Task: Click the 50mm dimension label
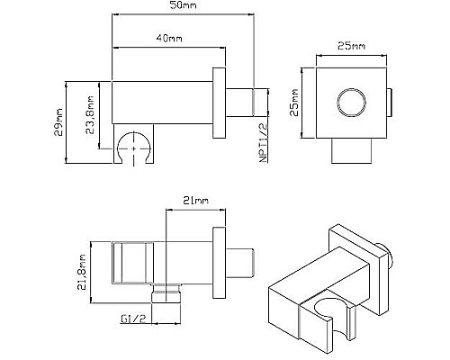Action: [x=183, y=5]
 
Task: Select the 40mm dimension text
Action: [x=168, y=39]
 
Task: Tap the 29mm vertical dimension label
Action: [x=58, y=122]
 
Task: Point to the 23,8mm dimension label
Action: [x=90, y=114]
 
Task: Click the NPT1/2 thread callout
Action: [x=263, y=143]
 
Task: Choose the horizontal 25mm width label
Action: [x=351, y=46]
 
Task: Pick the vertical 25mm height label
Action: [x=294, y=103]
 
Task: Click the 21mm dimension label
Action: [x=195, y=201]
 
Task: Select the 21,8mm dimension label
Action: [x=82, y=272]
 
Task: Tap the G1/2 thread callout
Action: [x=133, y=319]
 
